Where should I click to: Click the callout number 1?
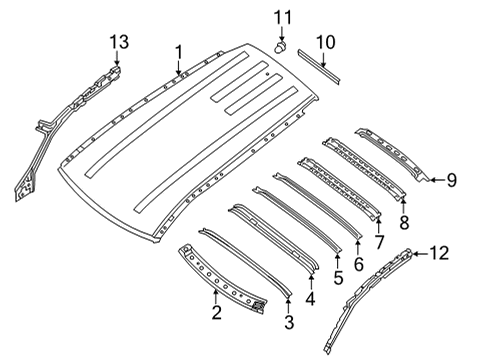(x=178, y=51)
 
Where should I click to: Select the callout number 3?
(x=290, y=321)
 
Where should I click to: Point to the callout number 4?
(x=311, y=297)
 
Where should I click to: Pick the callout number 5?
(x=338, y=277)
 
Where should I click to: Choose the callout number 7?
(x=379, y=241)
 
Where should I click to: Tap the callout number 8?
(x=404, y=222)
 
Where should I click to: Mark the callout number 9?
(x=451, y=180)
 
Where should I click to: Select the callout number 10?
(x=325, y=42)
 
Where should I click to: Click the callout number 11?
(x=283, y=17)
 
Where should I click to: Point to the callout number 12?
(x=439, y=254)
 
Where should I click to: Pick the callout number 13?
(x=118, y=41)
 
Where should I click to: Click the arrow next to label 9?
(x=435, y=180)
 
